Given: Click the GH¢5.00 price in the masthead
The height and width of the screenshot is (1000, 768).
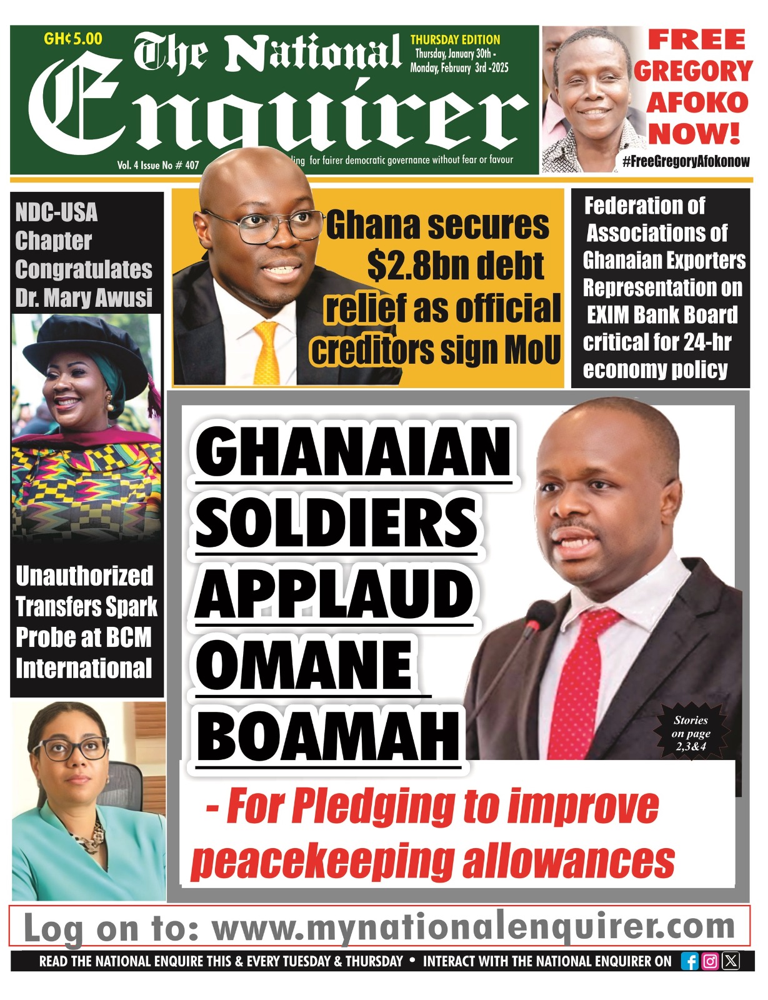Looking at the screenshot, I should click(73, 39).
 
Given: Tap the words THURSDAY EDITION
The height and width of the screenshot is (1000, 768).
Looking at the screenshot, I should click(455, 39).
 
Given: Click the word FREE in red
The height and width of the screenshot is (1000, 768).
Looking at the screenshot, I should click(697, 40).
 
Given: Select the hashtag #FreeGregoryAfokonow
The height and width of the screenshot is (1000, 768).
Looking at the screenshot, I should click(686, 161).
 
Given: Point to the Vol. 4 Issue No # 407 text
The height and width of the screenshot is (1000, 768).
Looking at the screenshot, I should click(157, 166).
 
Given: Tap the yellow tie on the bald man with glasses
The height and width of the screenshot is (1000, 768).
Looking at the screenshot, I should click(267, 354).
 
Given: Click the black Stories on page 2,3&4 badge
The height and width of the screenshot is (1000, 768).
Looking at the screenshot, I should click(691, 732).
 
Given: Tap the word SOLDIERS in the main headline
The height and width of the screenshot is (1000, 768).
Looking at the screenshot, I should click(336, 522).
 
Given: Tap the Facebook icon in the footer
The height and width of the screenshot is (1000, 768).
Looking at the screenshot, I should click(690, 961).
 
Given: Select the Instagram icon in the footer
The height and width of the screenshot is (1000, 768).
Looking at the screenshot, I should click(711, 961).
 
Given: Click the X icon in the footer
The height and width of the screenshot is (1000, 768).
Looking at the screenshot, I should click(731, 961).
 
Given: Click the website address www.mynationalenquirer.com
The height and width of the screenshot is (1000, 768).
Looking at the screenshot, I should click(473, 927).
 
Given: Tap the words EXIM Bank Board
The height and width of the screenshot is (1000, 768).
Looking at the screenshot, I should click(662, 315).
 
